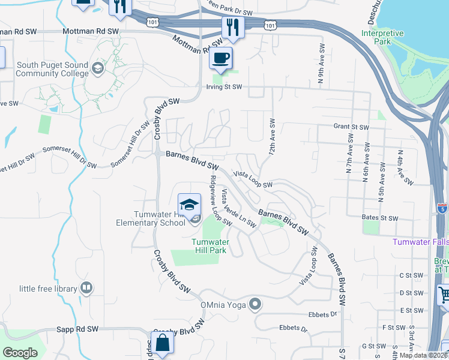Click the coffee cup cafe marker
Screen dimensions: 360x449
point(221,58)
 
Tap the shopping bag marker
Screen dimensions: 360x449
point(162,344)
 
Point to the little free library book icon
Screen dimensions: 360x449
point(86,289)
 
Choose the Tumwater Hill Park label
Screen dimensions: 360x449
point(209,246)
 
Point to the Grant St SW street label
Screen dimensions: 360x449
point(351,127)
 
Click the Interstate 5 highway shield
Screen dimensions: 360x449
point(442,209)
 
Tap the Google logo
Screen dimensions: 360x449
point(20,353)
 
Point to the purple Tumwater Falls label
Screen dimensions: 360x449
point(420,242)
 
